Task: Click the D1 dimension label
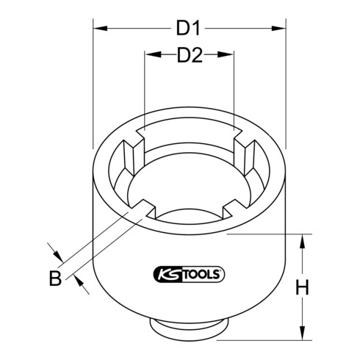coord(189,29)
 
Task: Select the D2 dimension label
coord(189,55)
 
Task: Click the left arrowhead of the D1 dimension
coord(98,29)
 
